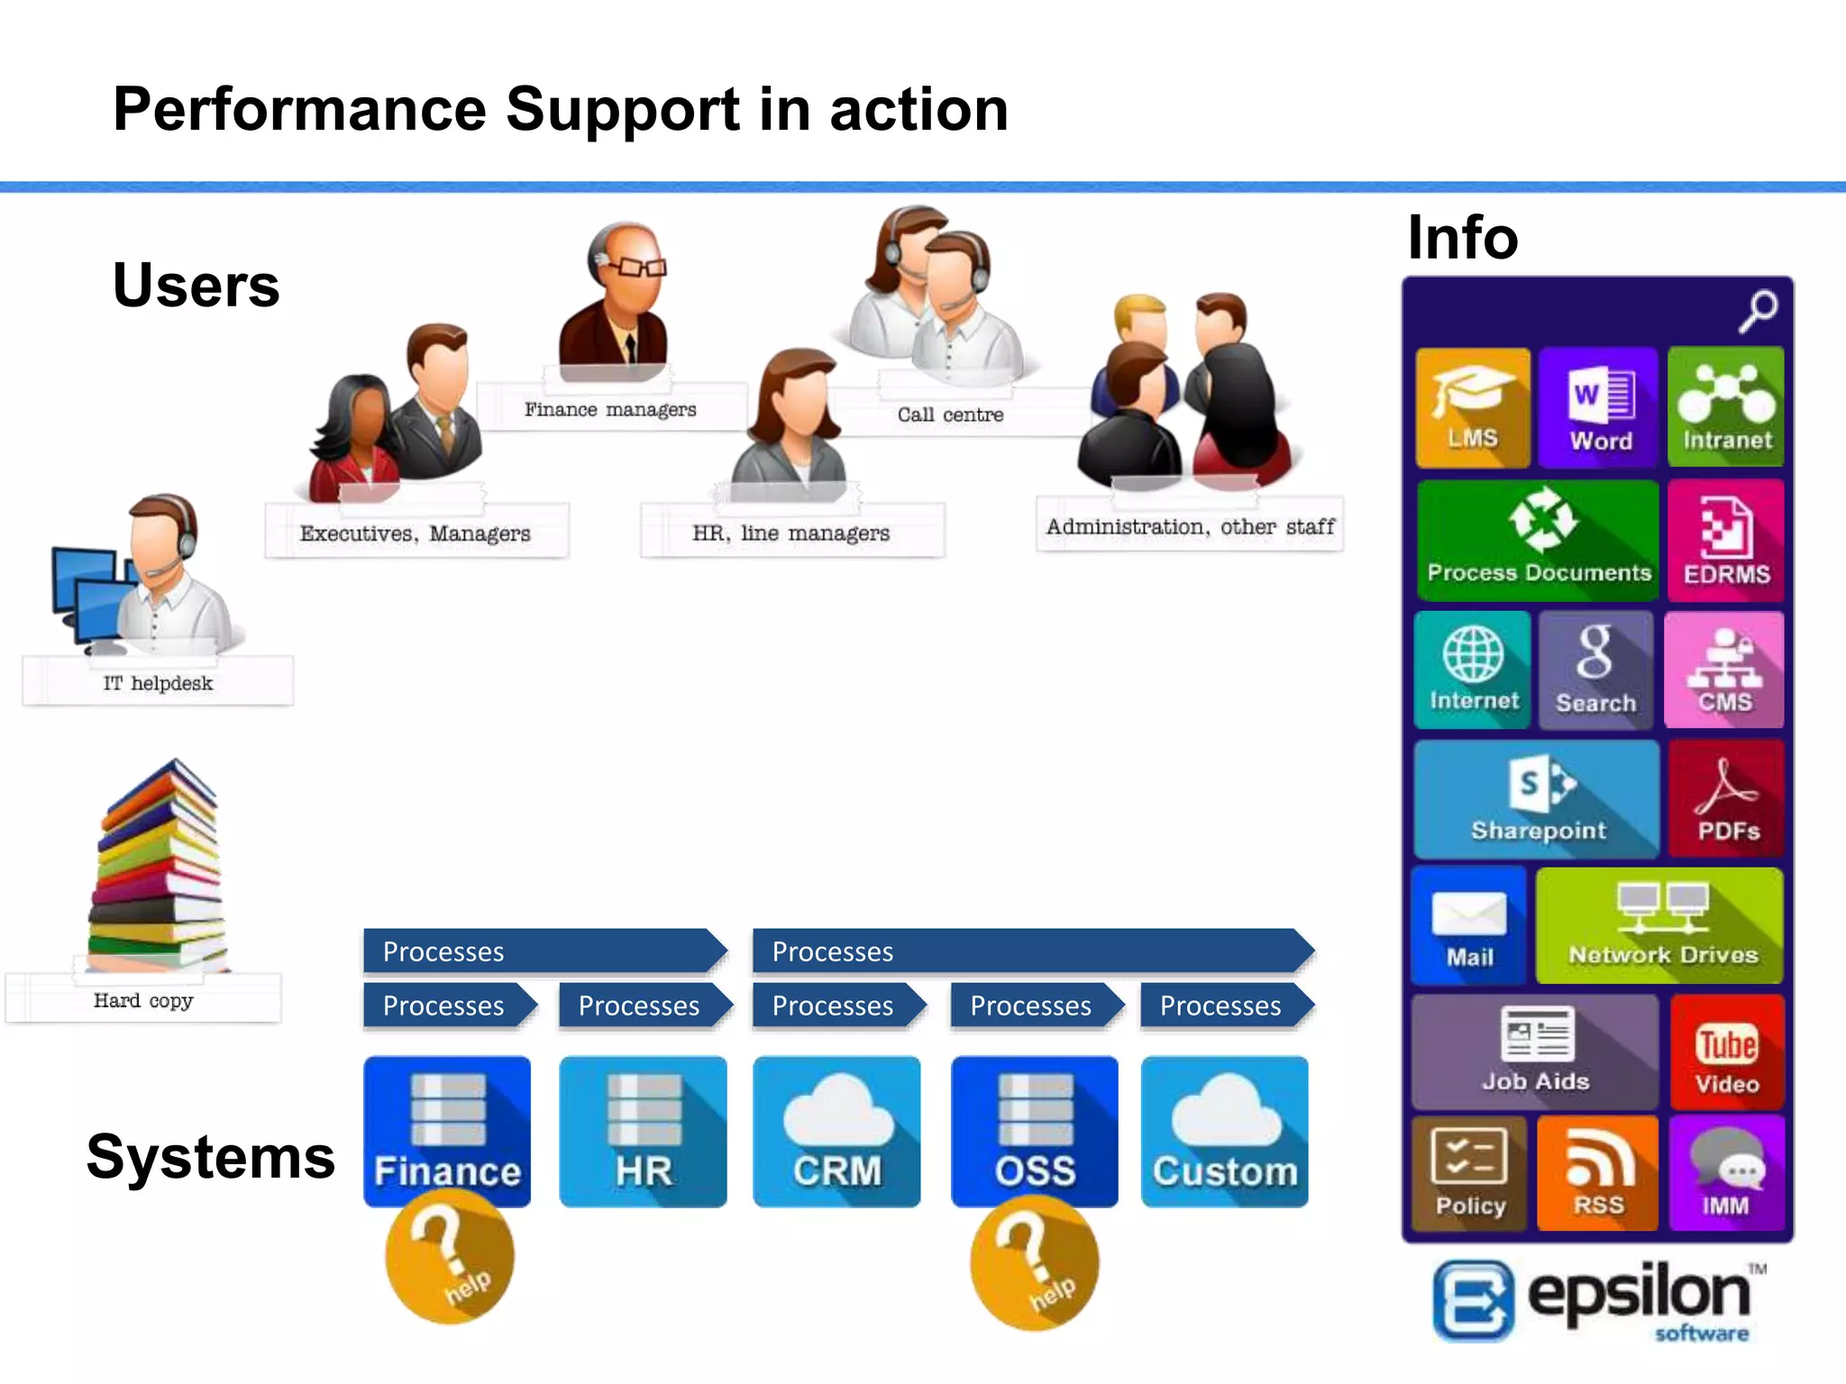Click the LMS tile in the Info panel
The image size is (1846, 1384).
pyautogui.click(x=1472, y=407)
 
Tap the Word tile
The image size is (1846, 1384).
pyautogui.click(x=1599, y=407)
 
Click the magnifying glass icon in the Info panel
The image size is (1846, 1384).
pyautogui.click(x=1758, y=310)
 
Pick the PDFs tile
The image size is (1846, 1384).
pyautogui.click(x=1726, y=799)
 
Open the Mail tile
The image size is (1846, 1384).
pyautogui.click(x=1469, y=925)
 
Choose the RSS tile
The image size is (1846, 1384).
pyautogui.click(x=1597, y=1173)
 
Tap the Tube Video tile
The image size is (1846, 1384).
pyautogui.click(x=1726, y=1052)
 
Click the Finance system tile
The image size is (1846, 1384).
pyautogui.click(x=447, y=1132)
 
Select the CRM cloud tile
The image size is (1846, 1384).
pyautogui.click(x=836, y=1132)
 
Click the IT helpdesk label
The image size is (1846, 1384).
pyautogui.click(x=159, y=683)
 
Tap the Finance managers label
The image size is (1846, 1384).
pyautogui.click(x=610, y=410)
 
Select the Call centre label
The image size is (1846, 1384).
pyautogui.click(x=950, y=414)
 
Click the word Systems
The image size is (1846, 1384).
pyautogui.click(x=211, y=1157)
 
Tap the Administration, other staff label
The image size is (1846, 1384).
pyautogui.click(x=1190, y=526)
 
